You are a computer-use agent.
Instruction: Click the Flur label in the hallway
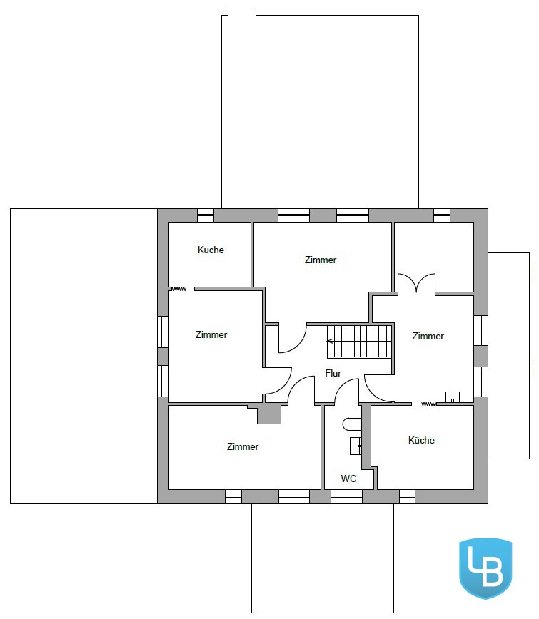[x=333, y=373]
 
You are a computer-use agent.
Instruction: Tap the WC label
[x=348, y=479]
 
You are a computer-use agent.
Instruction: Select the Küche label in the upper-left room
[x=211, y=250]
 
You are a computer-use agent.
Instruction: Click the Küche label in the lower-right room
[x=421, y=440]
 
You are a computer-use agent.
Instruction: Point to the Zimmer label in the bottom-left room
[x=243, y=446]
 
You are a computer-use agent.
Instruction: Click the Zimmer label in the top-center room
[x=321, y=260]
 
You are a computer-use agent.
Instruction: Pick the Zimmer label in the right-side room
[x=428, y=336]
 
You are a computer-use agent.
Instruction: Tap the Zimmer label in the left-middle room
[x=211, y=334]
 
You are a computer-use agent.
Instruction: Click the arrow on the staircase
[x=331, y=341]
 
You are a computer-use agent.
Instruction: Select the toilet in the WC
[x=352, y=424]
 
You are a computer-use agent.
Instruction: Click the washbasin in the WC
[x=356, y=446]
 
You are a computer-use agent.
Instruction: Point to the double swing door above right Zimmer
[x=416, y=282]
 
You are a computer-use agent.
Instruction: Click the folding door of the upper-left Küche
[x=178, y=289]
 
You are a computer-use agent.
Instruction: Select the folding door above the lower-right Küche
[x=429, y=404]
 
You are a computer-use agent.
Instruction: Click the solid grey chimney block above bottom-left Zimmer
[x=269, y=414]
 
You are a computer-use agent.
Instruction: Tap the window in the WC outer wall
[x=346, y=496]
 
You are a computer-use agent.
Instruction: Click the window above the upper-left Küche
[x=206, y=215]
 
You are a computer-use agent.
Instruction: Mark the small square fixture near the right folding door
[x=453, y=397]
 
